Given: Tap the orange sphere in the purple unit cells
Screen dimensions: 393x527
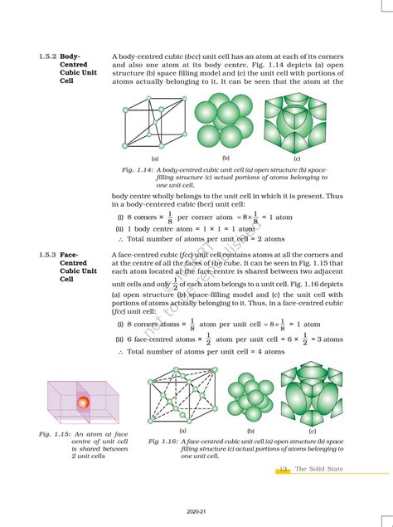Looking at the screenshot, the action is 83,403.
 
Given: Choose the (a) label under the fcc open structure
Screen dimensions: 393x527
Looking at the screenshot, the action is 182,431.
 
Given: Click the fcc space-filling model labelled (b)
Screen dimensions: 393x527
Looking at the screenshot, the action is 249,396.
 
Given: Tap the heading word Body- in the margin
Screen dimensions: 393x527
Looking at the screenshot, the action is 69,56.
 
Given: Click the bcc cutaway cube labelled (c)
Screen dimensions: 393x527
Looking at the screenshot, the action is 294,121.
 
